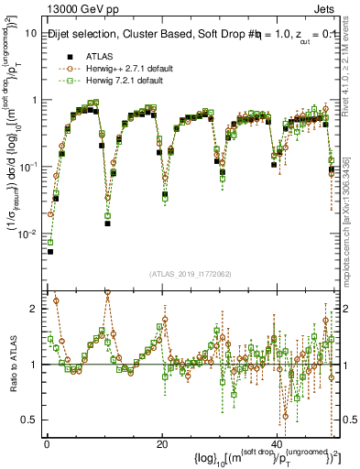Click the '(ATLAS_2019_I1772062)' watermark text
(191, 274)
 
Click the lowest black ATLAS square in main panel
(50, 251)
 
